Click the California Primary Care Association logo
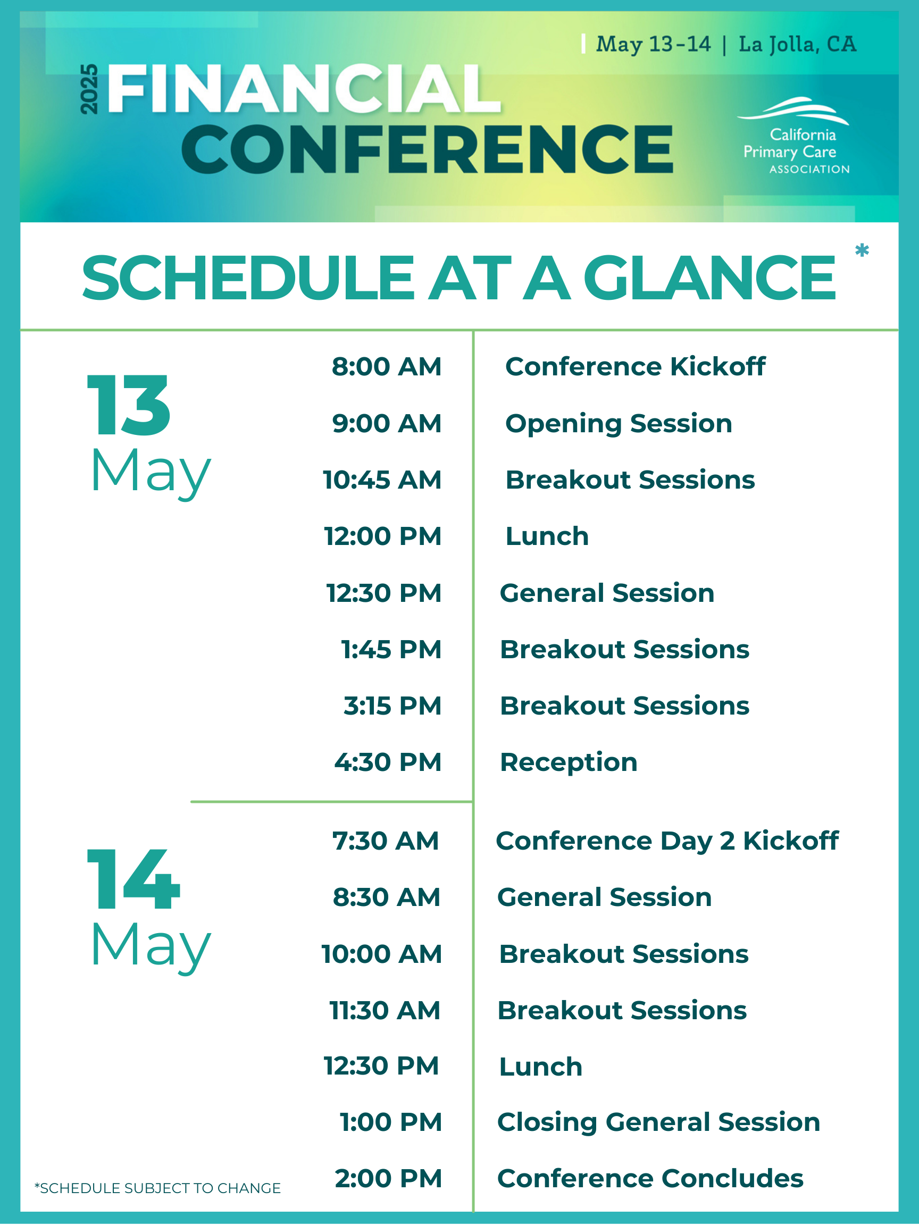794,136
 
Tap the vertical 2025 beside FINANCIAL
89,89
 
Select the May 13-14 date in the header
653,44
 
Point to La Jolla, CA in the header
798,44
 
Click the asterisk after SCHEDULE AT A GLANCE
862,251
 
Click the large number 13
129,405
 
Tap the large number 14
133,879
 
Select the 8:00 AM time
387,367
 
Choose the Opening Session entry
619,424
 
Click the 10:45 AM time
382,480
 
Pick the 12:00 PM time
383,536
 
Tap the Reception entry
569,762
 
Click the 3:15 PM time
392,706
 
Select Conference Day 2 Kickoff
667,841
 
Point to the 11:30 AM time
385,1010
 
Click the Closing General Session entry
658,1122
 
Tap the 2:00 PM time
388,1179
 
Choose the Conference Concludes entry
650,1179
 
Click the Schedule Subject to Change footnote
157,1188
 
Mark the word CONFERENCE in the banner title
428,148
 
